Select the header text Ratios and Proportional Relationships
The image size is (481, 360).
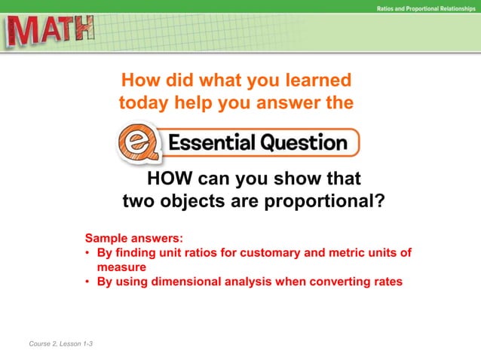(426, 8)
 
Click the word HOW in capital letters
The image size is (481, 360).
(169, 179)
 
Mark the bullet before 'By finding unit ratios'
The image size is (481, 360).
(88, 253)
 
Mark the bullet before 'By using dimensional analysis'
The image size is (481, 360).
(88, 282)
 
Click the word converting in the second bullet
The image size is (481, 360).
(338, 282)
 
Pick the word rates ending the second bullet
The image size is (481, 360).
(387, 282)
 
